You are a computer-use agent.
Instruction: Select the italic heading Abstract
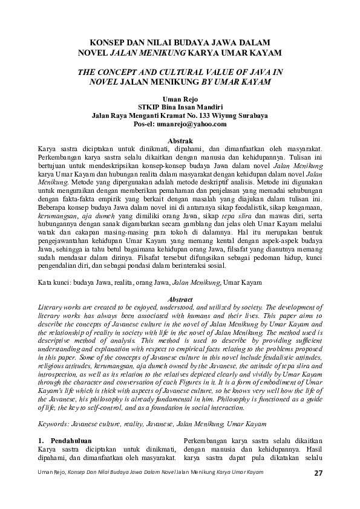(x=180, y=300)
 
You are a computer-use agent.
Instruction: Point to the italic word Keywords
(x=53, y=424)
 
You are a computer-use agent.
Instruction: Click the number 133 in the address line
(x=201, y=115)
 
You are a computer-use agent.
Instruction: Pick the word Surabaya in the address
(x=252, y=115)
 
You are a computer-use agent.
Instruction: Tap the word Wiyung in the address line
(x=223, y=115)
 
